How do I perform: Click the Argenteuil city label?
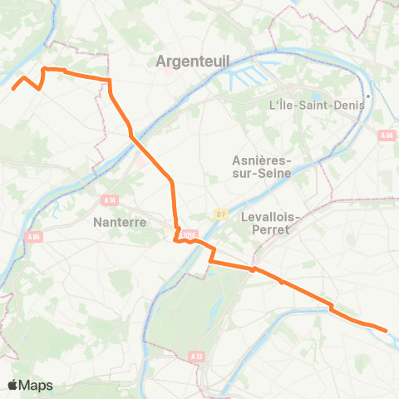point(193,60)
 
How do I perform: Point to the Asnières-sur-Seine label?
point(259,167)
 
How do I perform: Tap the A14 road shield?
point(109,199)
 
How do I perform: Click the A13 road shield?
point(196,356)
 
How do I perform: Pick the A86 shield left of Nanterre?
point(33,237)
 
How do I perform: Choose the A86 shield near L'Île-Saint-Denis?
point(386,135)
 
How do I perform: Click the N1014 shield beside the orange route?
point(190,235)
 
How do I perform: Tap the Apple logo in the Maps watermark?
point(13,385)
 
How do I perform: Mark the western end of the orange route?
point(12,86)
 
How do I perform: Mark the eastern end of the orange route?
point(387,331)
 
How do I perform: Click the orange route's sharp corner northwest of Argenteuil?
point(43,69)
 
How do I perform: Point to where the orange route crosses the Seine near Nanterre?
point(134,137)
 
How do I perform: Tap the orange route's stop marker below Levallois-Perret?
point(253,269)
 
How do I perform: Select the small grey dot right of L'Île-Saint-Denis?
point(368,96)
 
